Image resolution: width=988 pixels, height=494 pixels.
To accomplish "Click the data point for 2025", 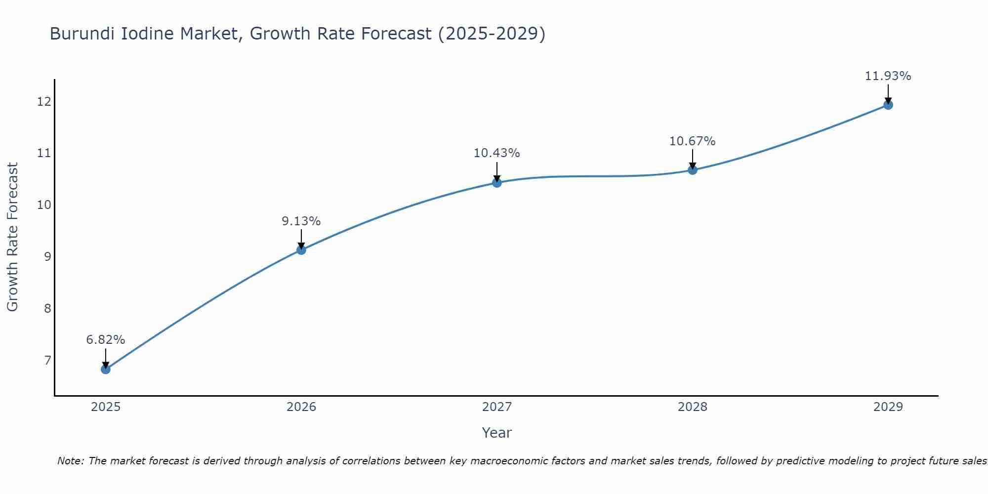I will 106,369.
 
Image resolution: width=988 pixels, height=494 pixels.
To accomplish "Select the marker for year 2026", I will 301,250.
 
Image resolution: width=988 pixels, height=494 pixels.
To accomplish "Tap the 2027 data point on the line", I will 497,183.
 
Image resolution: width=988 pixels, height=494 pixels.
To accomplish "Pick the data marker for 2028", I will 693,170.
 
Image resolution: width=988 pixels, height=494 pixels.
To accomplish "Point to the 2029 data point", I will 888,105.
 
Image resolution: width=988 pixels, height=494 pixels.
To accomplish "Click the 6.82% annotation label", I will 106,340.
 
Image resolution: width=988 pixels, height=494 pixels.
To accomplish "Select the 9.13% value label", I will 301,221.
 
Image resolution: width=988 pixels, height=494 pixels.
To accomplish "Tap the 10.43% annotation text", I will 497,153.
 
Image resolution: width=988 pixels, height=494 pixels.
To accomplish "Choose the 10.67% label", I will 693,141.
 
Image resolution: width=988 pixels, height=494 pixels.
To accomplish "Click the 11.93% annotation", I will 888,76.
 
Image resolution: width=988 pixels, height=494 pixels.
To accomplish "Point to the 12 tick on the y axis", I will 44,102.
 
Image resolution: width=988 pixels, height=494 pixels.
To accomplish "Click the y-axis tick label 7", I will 47,360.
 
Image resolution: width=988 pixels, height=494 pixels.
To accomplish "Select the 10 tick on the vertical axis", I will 44,205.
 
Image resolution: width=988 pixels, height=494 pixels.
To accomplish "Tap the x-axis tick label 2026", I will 301,407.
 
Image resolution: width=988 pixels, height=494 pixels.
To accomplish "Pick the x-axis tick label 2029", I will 888,407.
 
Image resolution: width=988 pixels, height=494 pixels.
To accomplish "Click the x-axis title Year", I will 497,433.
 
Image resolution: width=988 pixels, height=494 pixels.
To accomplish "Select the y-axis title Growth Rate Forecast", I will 13,237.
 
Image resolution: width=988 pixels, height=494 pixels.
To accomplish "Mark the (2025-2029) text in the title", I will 492,34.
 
